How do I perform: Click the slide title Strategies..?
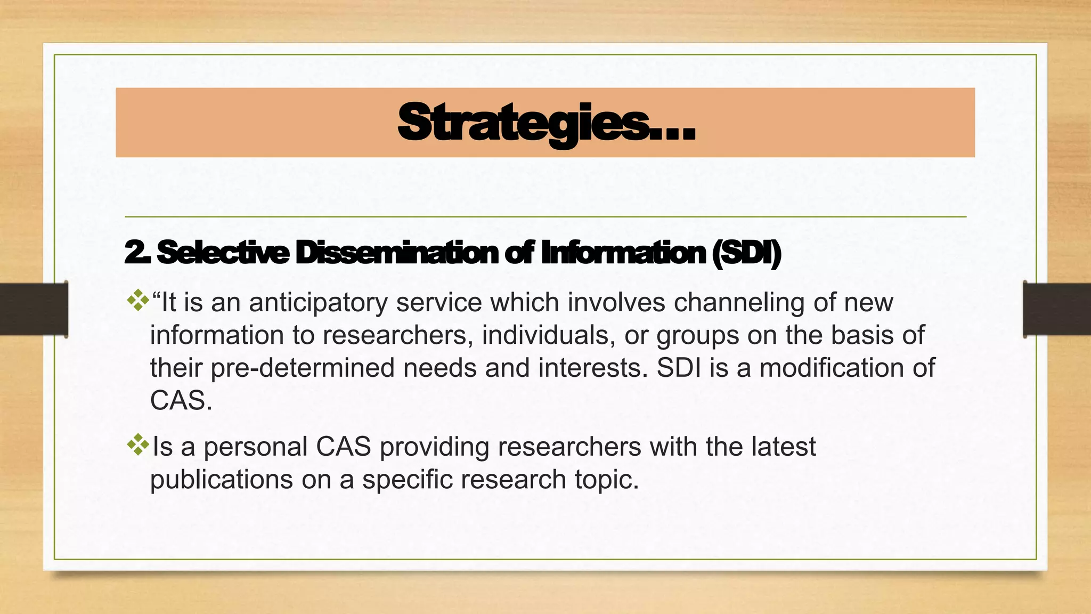(x=546, y=124)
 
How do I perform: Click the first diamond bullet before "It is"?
(x=138, y=300)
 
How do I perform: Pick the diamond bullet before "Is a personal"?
(x=138, y=445)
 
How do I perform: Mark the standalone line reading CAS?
(x=181, y=401)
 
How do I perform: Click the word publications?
(x=221, y=480)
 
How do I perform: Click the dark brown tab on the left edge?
(x=34, y=309)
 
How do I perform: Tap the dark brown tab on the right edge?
(x=1057, y=309)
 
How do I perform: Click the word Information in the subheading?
(x=623, y=253)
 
